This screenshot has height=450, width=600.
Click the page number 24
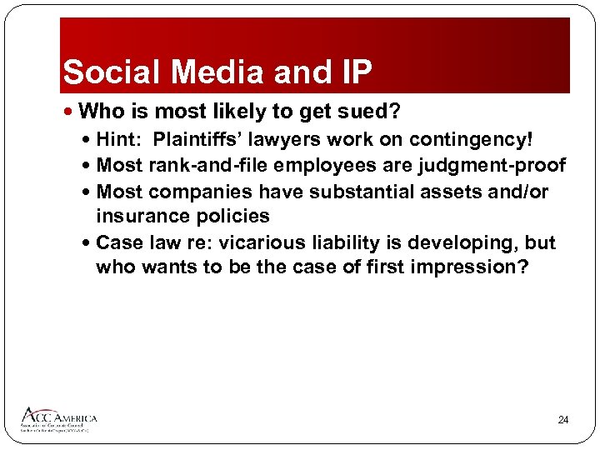click(562, 420)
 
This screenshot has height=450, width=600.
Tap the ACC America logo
click(59, 418)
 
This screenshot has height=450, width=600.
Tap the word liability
click(347, 242)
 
